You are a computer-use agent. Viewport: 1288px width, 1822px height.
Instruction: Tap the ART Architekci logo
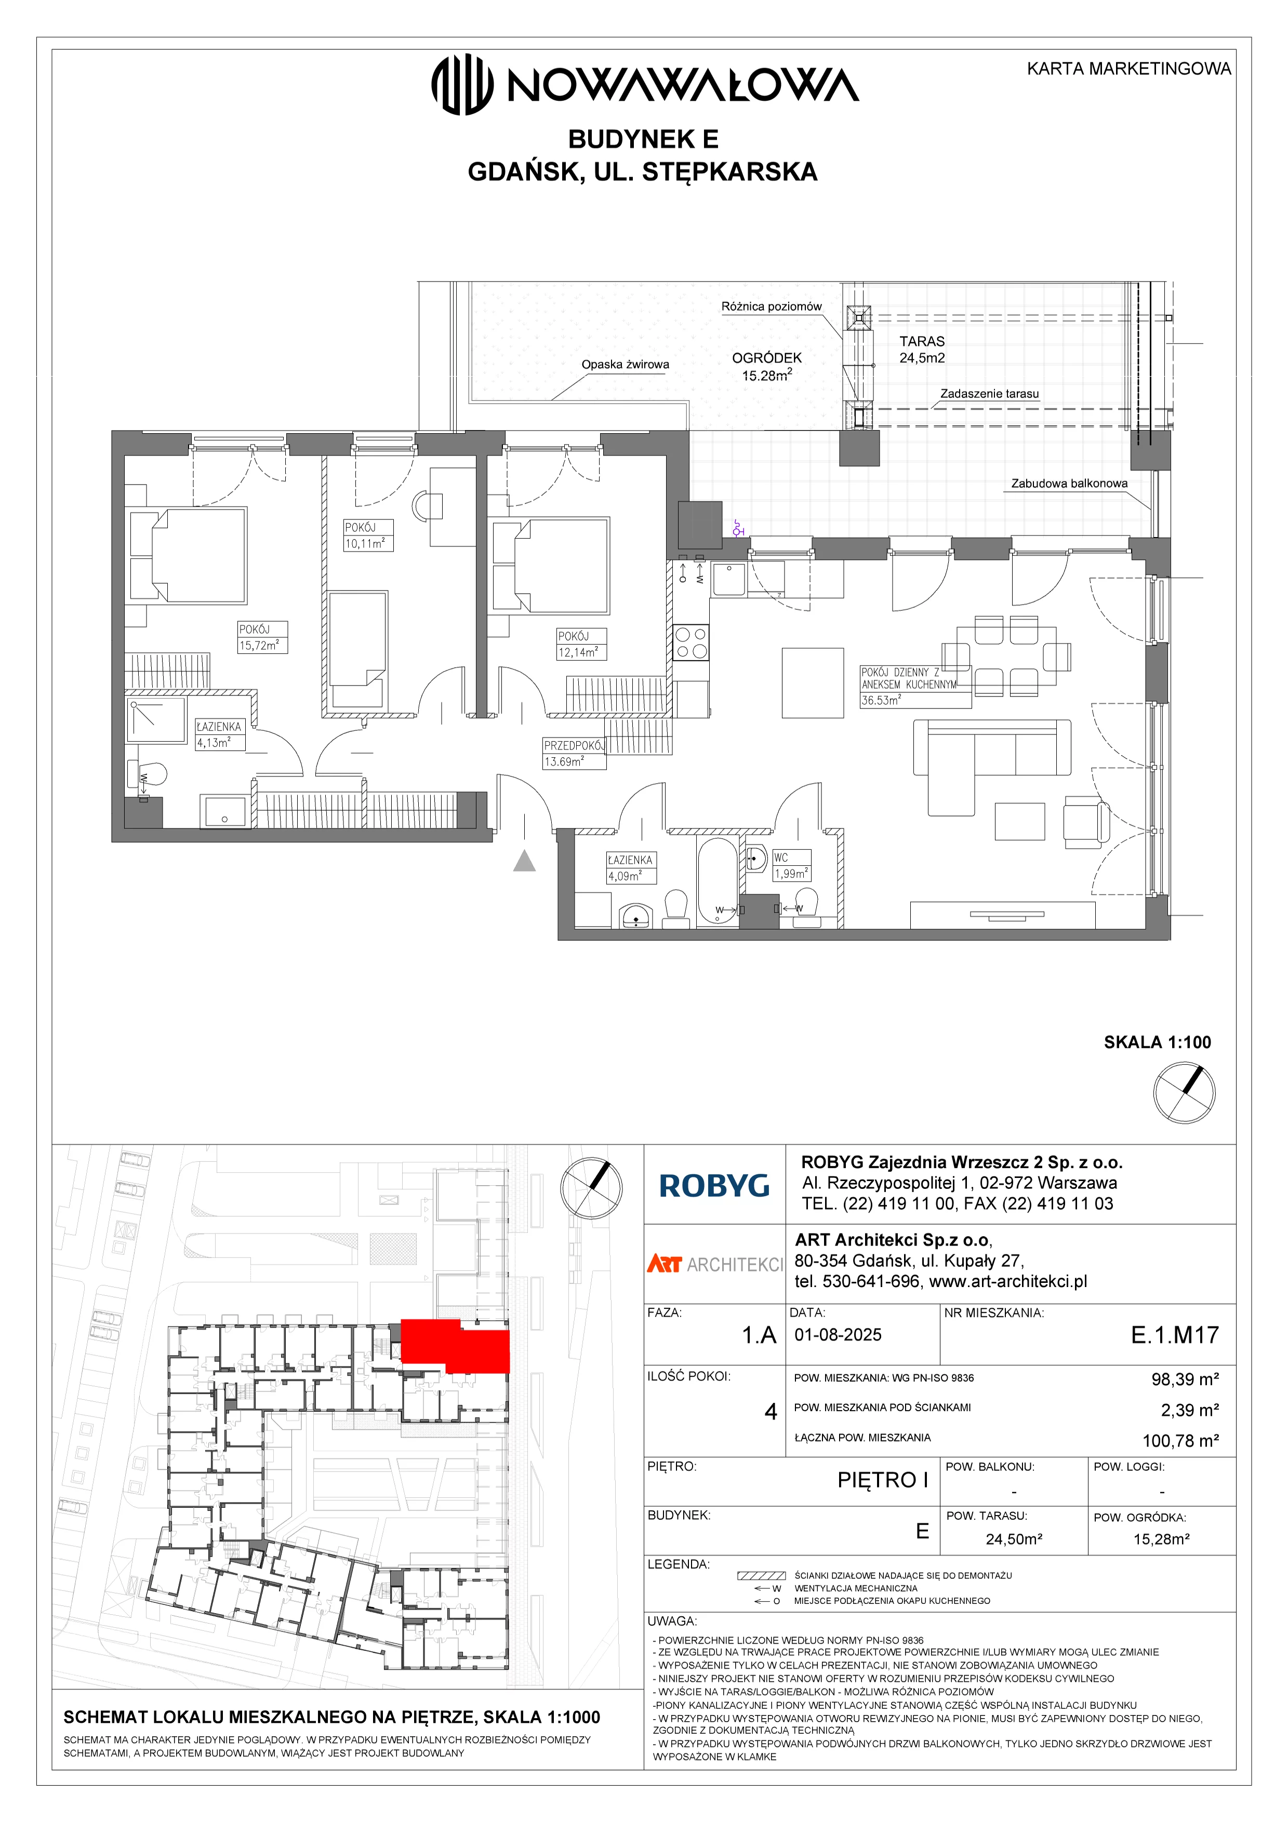(x=714, y=1264)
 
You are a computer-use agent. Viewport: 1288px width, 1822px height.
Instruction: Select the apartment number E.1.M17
(x=1175, y=1335)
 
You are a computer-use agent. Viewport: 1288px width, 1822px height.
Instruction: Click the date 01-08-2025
(x=838, y=1335)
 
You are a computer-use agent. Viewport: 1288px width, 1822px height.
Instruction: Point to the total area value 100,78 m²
(x=1180, y=1440)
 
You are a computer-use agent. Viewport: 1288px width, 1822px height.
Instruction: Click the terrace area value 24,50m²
(x=1014, y=1539)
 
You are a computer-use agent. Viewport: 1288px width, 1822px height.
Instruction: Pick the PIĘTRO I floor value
(x=882, y=1480)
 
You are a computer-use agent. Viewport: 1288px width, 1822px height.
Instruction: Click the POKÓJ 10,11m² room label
(x=367, y=535)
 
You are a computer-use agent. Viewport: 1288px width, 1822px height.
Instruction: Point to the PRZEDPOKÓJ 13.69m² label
(x=574, y=753)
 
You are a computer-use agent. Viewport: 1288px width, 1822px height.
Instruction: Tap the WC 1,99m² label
(x=791, y=865)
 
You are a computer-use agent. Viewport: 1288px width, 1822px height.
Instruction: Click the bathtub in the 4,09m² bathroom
(x=718, y=881)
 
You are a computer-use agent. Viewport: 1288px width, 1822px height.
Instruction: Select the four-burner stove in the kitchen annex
(x=691, y=643)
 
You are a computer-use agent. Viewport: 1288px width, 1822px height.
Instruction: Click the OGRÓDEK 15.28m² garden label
(x=766, y=367)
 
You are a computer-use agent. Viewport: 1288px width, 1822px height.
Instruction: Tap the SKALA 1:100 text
(x=1157, y=1042)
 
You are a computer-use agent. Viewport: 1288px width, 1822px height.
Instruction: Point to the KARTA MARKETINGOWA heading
(x=1128, y=69)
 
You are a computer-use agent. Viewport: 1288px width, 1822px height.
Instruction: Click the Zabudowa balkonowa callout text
(x=1069, y=483)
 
